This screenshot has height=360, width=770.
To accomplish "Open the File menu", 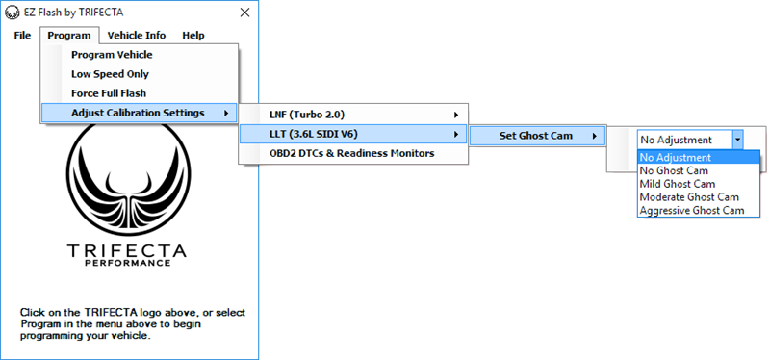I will click(23, 36).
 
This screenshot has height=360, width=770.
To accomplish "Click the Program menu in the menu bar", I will click(70, 36).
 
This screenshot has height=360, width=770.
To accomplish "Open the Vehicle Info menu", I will click(137, 36).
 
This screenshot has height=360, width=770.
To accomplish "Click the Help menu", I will click(192, 36).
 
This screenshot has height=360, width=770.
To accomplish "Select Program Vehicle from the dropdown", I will click(112, 55).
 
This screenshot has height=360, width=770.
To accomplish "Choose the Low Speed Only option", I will click(110, 74).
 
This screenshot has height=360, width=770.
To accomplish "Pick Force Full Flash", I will click(109, 93).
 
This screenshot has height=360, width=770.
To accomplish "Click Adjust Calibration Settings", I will click(138, 113).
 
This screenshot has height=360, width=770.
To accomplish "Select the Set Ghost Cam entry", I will click(535, 136).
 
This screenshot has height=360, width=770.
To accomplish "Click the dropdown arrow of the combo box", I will click(737, 140).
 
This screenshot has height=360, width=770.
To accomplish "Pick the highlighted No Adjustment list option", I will click(676, 157).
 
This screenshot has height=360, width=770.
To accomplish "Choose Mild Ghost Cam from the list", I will click(678, 183).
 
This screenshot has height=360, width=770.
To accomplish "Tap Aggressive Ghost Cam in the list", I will click(692, 210).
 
